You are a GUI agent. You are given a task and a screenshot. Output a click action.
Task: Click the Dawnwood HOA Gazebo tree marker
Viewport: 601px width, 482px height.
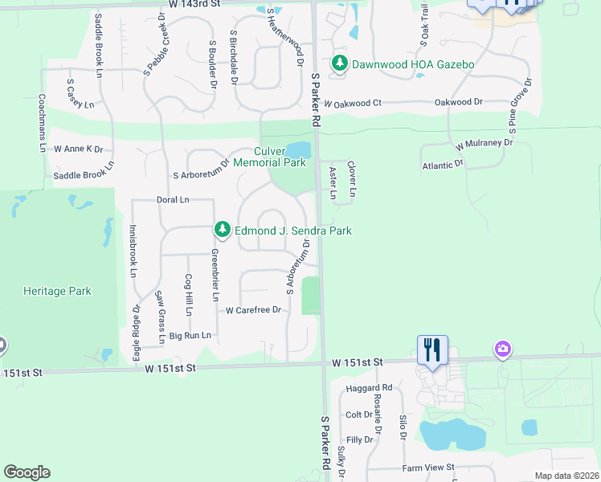coord(340,63)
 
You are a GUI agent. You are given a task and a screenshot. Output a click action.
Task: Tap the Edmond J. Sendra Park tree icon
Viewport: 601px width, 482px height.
coord(223,231)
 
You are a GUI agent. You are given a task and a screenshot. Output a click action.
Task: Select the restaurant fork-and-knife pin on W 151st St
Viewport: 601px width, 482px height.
coord(432,350)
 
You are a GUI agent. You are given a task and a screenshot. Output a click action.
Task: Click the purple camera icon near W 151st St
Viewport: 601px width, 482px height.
coord(503,349)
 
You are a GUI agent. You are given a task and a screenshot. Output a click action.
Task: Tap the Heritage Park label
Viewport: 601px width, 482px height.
coord(57,292)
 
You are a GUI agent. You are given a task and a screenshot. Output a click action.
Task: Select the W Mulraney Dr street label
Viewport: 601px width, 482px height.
coord(484,144)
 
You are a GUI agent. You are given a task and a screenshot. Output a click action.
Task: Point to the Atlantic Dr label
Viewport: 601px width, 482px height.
coord(444,165)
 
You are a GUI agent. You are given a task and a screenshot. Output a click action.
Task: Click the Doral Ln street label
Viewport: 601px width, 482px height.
coord(173,199)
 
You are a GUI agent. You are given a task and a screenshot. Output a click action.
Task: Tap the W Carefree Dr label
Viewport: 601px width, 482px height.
coord(254,310)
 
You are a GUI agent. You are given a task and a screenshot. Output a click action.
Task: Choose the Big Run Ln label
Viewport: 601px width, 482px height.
coord(190,335)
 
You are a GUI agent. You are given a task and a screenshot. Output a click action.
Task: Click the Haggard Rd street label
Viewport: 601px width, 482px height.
coord(374,388)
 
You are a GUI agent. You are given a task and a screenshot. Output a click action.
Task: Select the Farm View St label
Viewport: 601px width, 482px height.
coord(428,467)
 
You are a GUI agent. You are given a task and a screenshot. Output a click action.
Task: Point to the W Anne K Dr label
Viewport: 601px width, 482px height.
coord(79,149)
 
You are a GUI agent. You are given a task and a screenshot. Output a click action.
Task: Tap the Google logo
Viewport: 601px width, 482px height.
coord(27,472)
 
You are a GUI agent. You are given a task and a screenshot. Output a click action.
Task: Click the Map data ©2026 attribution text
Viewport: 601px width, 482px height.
coord(566,476)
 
